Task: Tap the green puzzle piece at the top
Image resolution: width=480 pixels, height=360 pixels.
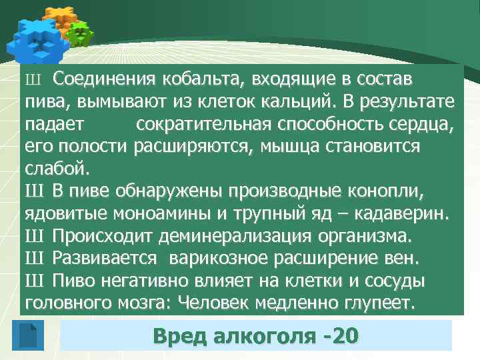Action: pyautogui.click(x=80, y=33)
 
